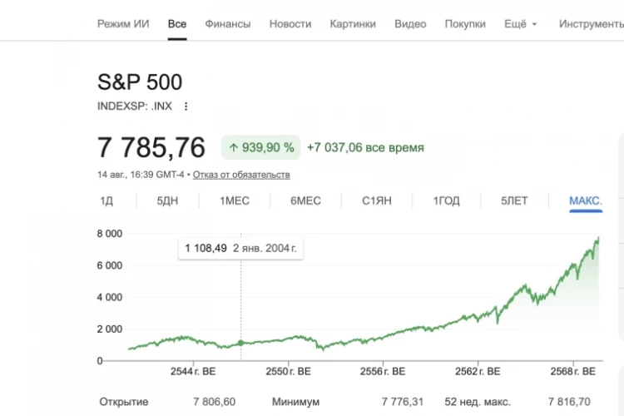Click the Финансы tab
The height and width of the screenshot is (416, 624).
click(x=228, y=24)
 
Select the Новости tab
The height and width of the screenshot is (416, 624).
click(x=290, y=24)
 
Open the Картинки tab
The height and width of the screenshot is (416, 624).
click(x=353, y=24)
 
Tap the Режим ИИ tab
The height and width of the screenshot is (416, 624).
click(x=123, y=24)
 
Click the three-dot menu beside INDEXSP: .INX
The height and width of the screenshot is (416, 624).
click(x=186, y=106)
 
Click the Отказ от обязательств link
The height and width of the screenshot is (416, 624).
click(x=241, y=175)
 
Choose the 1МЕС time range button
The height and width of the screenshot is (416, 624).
click(x=235, y=201)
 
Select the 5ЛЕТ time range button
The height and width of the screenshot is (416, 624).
click(x=514, y=201)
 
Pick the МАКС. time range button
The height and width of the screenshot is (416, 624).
click(x=586, y=201)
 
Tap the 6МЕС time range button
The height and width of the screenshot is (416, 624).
click(x=305, y=201)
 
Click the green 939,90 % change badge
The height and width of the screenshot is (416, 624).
click(x=260, y=148)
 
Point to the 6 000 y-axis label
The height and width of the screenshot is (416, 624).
click(x=110, y=265)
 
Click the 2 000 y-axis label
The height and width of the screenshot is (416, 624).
click(x=110, y=329)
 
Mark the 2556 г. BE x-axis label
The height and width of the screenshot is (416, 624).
click(x=383, y=371)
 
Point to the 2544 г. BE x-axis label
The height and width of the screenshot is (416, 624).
click(x=193, y=371)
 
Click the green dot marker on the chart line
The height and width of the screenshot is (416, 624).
click(x=240, y=343)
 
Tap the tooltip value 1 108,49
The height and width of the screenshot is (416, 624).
click(x=206, y=249)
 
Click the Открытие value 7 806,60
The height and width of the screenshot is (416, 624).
click(x=214, y=402)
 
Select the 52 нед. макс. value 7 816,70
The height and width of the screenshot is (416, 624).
click(x=569, y=402)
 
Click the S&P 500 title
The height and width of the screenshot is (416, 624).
click(x=140, y=82)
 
